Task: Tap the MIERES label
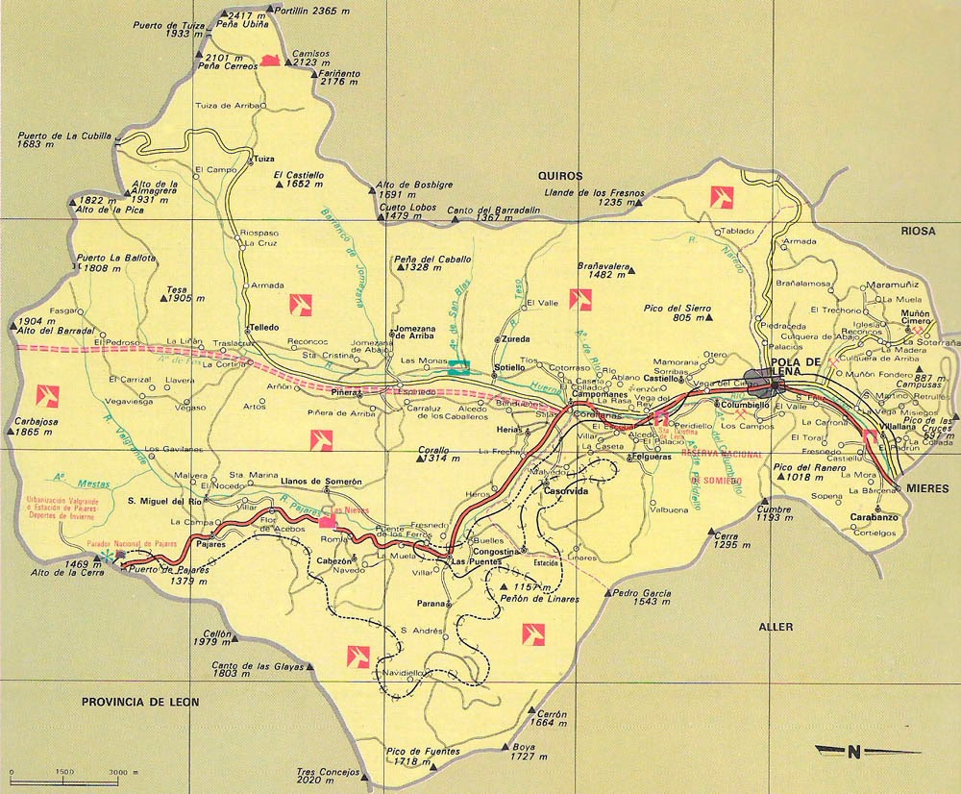926,489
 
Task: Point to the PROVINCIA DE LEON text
139,703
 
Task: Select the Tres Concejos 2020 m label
328,777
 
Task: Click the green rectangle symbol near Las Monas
460,366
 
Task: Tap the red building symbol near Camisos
270,61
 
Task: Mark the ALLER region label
776,627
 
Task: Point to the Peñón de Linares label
539,599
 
